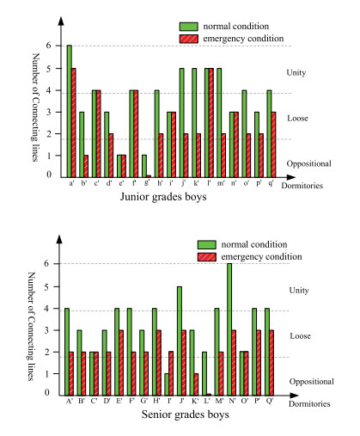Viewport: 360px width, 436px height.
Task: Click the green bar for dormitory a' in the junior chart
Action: pos(70,111)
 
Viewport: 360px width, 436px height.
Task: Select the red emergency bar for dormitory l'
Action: pos(211,123)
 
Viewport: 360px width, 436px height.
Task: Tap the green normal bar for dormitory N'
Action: pos(229,329)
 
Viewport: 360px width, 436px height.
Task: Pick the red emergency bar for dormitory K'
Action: pos(196,384)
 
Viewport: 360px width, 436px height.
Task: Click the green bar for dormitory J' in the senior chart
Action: pos(180,341)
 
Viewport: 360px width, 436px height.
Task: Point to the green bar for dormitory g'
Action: pos(144,166)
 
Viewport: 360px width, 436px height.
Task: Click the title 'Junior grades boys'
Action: pos(163,197)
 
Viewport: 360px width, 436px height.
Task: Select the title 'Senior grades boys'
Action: pos(186,415)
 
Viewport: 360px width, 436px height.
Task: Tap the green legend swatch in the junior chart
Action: pos(189,27)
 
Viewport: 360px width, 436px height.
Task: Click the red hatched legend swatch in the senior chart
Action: pos(207,256)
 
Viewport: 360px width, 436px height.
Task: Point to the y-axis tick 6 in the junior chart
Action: pos(48,46)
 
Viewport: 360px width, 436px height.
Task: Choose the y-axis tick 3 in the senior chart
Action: pos(47,330)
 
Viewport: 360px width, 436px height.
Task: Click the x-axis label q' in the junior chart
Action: pos(271,183)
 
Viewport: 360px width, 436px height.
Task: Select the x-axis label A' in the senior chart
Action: pos(69,401)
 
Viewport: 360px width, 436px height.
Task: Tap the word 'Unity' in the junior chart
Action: pos(296,72)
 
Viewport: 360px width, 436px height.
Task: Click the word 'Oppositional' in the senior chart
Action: pos(312,382)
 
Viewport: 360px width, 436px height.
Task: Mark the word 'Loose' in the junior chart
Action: pos(297,118)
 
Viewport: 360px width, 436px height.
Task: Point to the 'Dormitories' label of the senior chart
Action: pos(309,403)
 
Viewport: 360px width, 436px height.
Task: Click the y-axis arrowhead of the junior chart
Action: pos(61,21)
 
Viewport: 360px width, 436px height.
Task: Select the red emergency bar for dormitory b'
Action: pos(86,166)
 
